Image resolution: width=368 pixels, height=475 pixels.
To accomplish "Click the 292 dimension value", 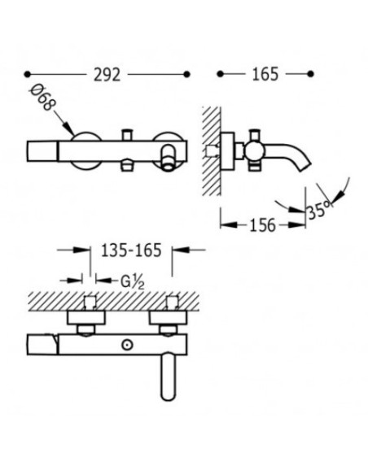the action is pos(107,75).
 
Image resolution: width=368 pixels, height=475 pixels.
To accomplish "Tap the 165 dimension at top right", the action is pos(265,74).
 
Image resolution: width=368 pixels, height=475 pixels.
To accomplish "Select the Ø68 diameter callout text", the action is pos(43,97).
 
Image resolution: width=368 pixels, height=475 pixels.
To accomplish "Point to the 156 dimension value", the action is pos(262,225).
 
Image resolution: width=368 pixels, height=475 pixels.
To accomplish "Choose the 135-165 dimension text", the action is pos(131,251).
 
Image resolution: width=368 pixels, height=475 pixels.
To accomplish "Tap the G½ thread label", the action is pos(133,282).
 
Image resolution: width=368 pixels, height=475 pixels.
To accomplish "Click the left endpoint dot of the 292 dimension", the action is pos(28,74).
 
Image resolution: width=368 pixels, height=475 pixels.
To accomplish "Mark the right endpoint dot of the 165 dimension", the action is pos(310,74).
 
